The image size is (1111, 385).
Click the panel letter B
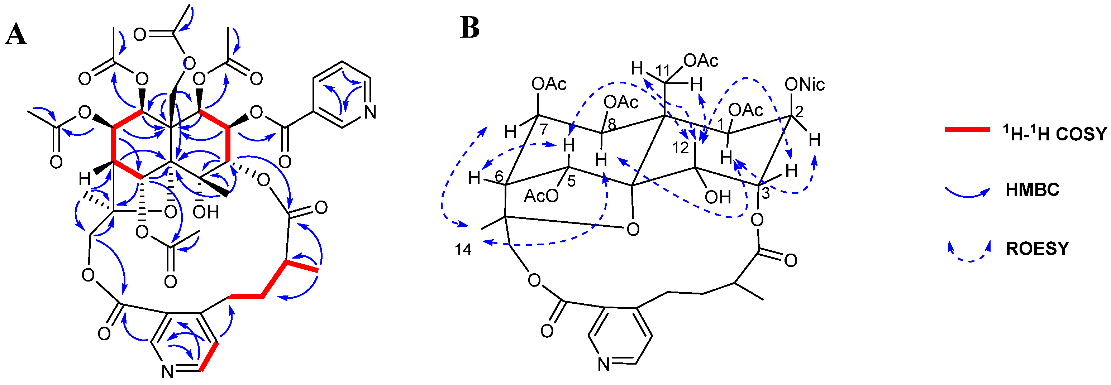(470, 28)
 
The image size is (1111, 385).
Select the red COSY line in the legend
(967, 129)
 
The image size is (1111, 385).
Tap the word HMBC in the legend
(1033, 190)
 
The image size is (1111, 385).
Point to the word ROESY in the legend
(1038, 249)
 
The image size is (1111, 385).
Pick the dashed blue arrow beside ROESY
(969, 254)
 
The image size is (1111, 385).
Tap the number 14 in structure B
(463, 250)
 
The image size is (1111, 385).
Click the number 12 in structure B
(681, 148)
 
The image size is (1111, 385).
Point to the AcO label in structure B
(541, 196)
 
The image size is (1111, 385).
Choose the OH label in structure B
(717, 197)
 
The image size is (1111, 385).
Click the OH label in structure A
(206, 212)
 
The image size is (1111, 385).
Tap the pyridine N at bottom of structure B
(604, 364)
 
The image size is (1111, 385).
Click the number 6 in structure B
(499, 176)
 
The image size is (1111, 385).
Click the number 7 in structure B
(544, 129)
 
